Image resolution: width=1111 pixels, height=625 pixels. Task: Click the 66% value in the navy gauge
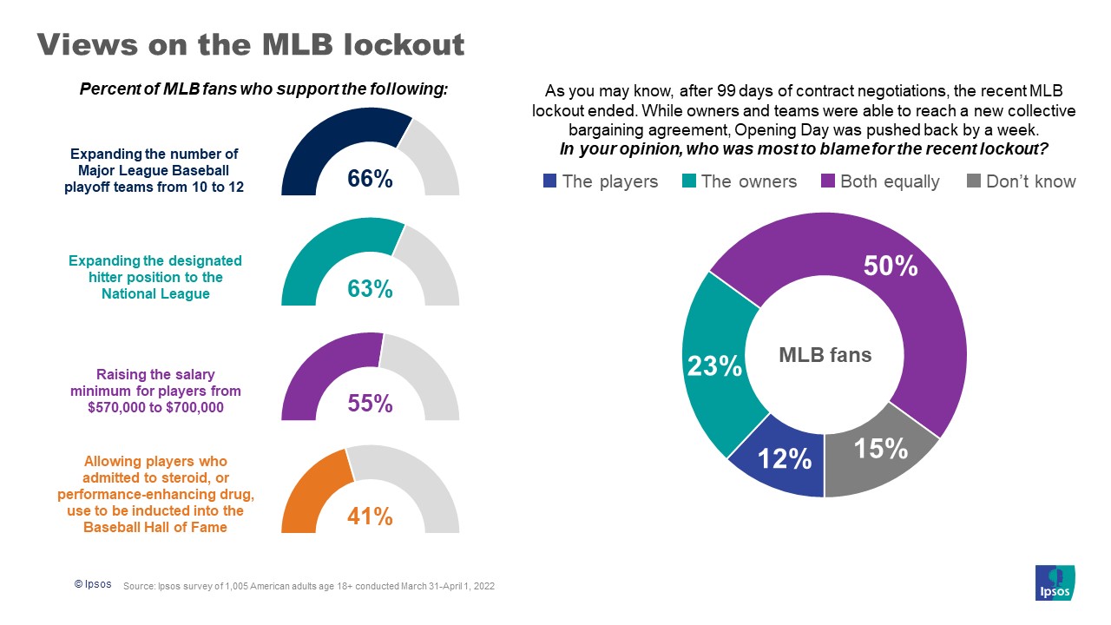[370, 179]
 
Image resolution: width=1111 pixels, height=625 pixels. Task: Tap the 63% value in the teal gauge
[370, 289]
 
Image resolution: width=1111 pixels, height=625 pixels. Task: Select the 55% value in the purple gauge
[370, 403]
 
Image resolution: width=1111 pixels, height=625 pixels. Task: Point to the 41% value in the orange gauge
[370, 516]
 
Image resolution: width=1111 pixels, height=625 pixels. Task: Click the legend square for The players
[549, 181]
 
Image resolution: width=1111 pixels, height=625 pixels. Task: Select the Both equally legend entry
[880, 181]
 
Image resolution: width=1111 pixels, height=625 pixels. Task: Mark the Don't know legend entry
[1021, 181]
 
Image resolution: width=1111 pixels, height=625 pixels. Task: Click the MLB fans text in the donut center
[825, 355]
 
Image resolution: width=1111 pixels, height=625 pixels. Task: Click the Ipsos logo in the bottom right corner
[1055, 582]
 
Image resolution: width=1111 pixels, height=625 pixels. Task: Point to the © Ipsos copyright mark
[92, 584]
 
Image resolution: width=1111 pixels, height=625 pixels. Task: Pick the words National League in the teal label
[155, 293]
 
